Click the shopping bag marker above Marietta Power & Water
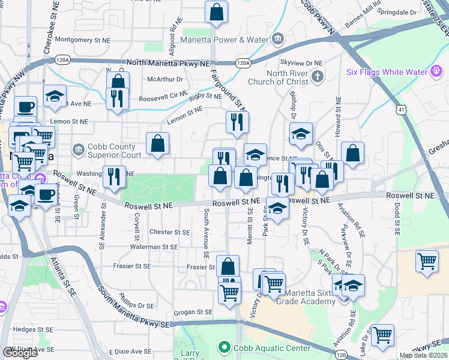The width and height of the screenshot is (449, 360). tap(216, 12)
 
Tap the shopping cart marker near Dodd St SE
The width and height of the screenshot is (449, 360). tap(426, 261)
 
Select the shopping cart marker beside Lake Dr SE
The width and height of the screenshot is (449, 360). tap(382, 335)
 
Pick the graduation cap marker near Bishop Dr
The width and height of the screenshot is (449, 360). tap(301, 134)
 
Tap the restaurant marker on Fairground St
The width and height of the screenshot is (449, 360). tap(238, 121)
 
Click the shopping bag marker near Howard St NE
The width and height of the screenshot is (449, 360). tap(353, 152)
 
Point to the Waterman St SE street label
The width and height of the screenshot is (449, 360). tap(155, 247)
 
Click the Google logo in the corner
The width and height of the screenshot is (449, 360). tap(20, 353)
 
